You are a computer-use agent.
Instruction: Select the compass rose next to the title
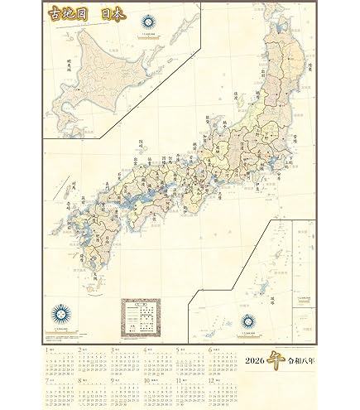148,22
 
